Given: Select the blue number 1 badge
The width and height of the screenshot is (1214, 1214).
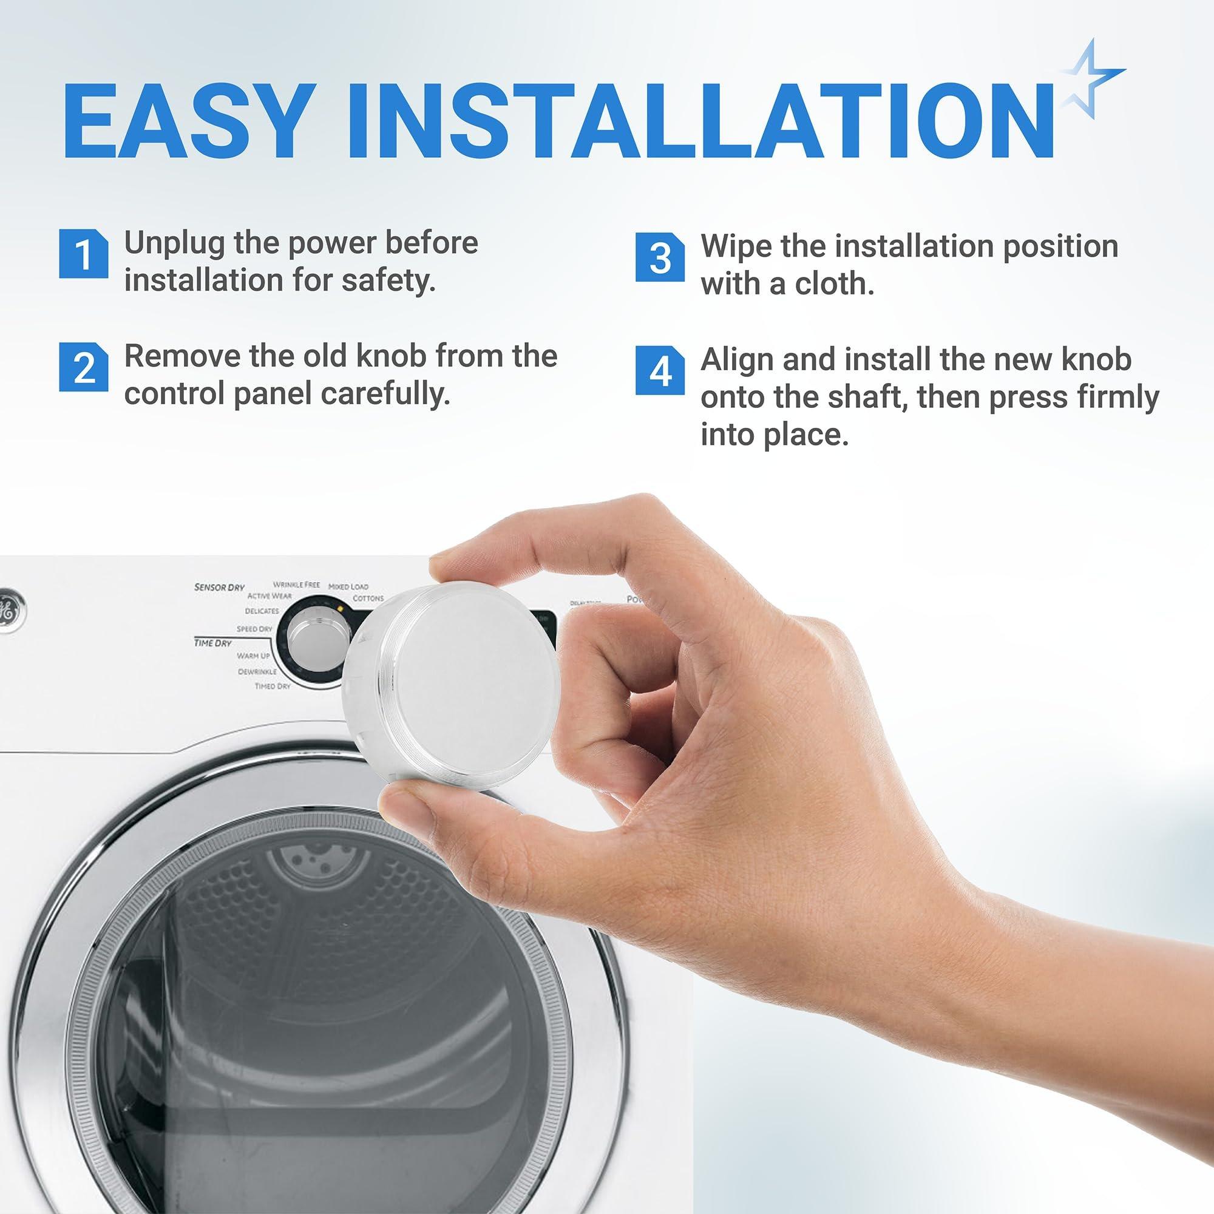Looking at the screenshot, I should click(x=83, y=254).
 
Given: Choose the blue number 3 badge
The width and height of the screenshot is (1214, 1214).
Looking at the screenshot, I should click(x=659, y=257).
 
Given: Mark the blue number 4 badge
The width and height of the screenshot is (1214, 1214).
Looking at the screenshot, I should click(x=659, y=370).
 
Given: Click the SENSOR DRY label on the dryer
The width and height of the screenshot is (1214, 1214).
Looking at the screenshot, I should click(x=219, y=588).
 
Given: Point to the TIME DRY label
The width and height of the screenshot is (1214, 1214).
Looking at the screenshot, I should click(x=213, y=643).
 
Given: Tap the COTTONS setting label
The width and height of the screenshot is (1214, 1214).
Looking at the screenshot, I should click(x=368, y=599).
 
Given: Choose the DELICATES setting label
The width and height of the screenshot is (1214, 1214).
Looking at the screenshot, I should click(x=262, y=611).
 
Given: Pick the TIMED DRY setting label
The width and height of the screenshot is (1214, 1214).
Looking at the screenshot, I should click(x=272, y=686).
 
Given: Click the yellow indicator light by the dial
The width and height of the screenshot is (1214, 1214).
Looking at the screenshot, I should click(x=339, y=609).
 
